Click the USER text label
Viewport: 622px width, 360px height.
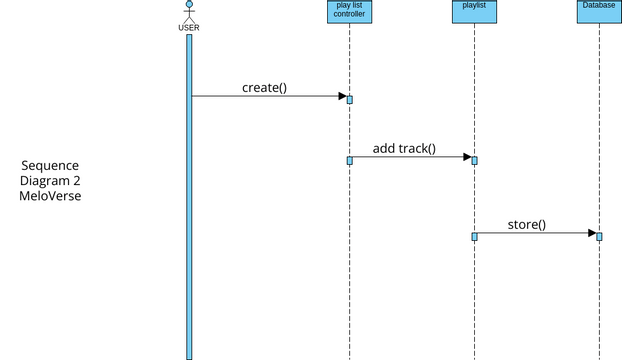click(189, 27)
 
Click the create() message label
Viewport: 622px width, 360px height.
click(264, 87)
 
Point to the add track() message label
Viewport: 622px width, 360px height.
click(404, 149)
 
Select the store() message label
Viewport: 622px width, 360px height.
click(527, 225)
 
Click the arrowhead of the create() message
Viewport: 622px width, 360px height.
click(341, 96)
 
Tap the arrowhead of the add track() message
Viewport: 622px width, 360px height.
click(466, 157)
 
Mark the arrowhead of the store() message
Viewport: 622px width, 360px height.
click(591, 233)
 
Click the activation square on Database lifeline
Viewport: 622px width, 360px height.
click(599, 236)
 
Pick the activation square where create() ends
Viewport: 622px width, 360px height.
click(350, 99)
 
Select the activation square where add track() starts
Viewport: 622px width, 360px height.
click(350, 160)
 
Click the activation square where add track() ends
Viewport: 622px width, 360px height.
click(474, 160)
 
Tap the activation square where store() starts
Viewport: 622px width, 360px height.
click(474, 236)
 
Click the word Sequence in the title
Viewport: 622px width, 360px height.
click(50, 165)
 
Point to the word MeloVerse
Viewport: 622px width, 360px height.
click(50, 197)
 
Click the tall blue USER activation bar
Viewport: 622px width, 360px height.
click(189, 200)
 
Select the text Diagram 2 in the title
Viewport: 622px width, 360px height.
click(50, 181)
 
